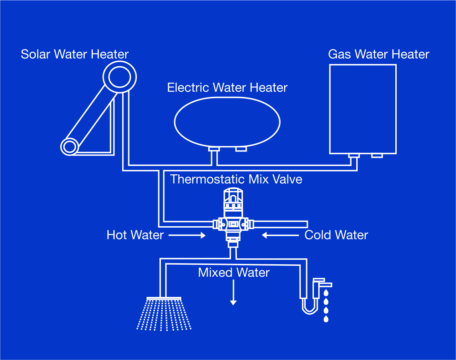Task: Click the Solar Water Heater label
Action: [x=74, y=54]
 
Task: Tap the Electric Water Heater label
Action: [x=227, y=88]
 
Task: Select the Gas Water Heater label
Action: [x=379, y=54]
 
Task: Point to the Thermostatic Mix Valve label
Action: [x=236, y=179]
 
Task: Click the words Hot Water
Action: [x=135, y=235]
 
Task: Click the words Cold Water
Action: [x=336, y=235]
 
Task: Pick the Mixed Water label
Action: [x=234, y=272]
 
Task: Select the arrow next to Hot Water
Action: [x=187, y=235]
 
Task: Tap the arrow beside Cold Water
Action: [x=280, y=235]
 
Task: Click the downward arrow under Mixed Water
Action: [x=233, y=292]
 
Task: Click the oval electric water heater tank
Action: [x=174, y=122]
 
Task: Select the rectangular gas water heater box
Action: [x=330, y=109]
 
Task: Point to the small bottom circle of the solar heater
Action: [x=61, y=147]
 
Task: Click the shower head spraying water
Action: [x=164, y=314]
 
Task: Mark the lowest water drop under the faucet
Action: [x=326, y=319]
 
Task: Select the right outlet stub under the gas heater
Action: [x=377, y=156]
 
